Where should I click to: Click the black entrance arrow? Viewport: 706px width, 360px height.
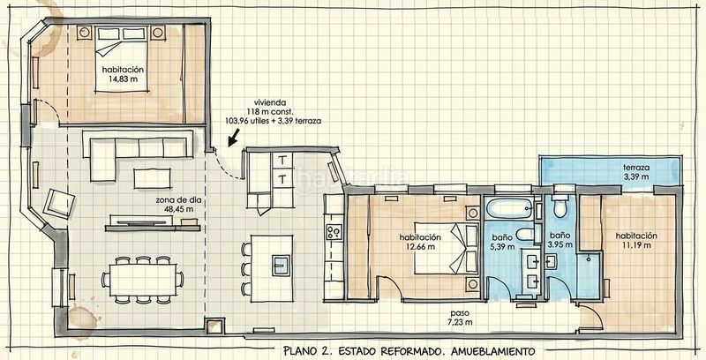233,138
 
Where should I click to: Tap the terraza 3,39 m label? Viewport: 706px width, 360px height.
635,172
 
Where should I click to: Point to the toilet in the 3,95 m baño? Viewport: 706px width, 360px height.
560,206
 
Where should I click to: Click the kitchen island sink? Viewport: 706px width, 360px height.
281,266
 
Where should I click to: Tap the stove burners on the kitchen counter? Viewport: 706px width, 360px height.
334,232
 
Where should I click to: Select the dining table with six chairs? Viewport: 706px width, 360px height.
142,280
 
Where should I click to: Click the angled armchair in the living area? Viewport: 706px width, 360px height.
58,204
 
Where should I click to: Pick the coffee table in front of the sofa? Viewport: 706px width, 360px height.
152,178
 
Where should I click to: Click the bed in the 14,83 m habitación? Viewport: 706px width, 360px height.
122,59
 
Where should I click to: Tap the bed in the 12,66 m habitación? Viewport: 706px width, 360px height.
447,248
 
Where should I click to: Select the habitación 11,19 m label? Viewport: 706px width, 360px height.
636,240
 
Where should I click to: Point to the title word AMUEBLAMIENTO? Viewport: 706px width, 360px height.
488,351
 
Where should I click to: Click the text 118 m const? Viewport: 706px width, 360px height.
270,111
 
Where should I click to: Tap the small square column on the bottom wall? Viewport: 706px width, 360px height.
214,326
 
